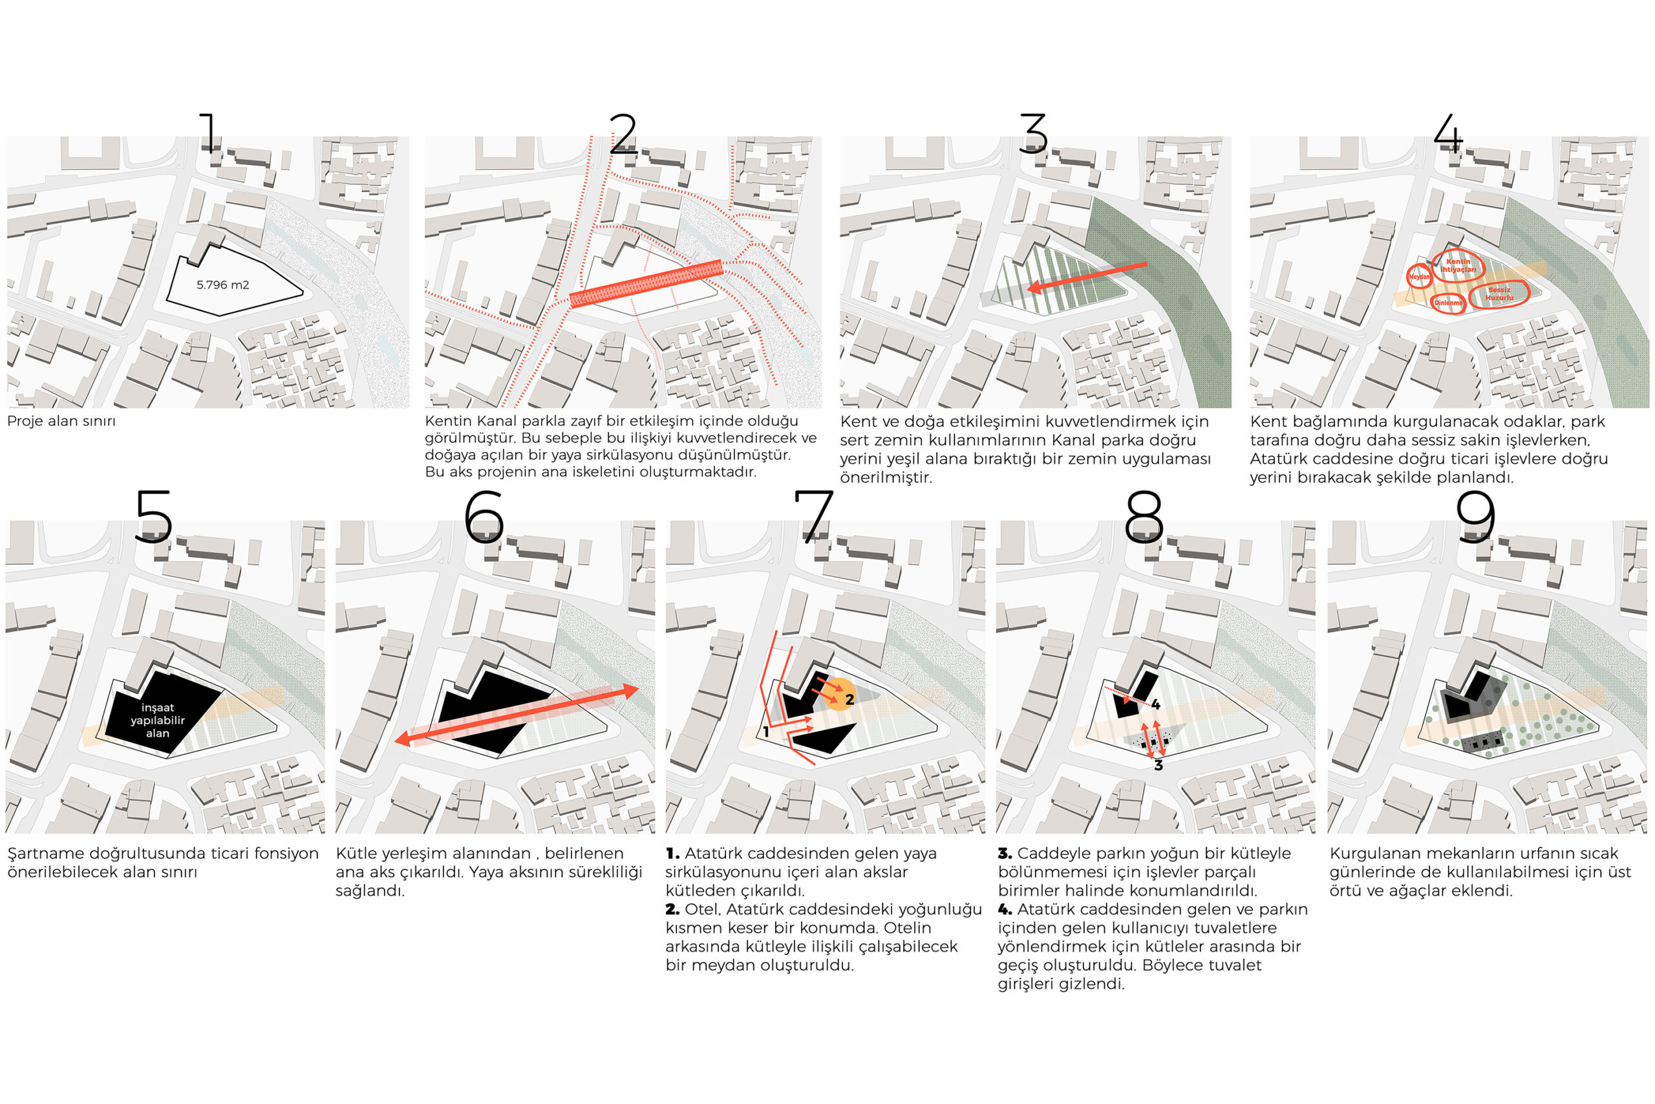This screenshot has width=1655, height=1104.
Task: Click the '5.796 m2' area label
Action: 222,285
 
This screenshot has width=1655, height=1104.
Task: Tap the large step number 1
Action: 209,133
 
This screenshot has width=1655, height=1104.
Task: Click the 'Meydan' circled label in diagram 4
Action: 1419,277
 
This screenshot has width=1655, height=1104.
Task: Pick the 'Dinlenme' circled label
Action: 1449,303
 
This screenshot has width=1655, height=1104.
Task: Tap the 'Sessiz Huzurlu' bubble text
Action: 1499,294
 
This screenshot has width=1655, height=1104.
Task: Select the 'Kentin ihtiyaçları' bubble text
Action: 1458,265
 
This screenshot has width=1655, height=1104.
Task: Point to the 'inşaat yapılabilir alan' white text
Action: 158,720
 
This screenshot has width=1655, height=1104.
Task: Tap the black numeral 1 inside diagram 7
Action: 765,732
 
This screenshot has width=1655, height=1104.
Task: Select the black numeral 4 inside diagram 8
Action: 1155,705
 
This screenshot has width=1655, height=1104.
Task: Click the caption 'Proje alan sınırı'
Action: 61,422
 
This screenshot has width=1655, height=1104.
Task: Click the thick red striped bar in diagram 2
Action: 646,284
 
